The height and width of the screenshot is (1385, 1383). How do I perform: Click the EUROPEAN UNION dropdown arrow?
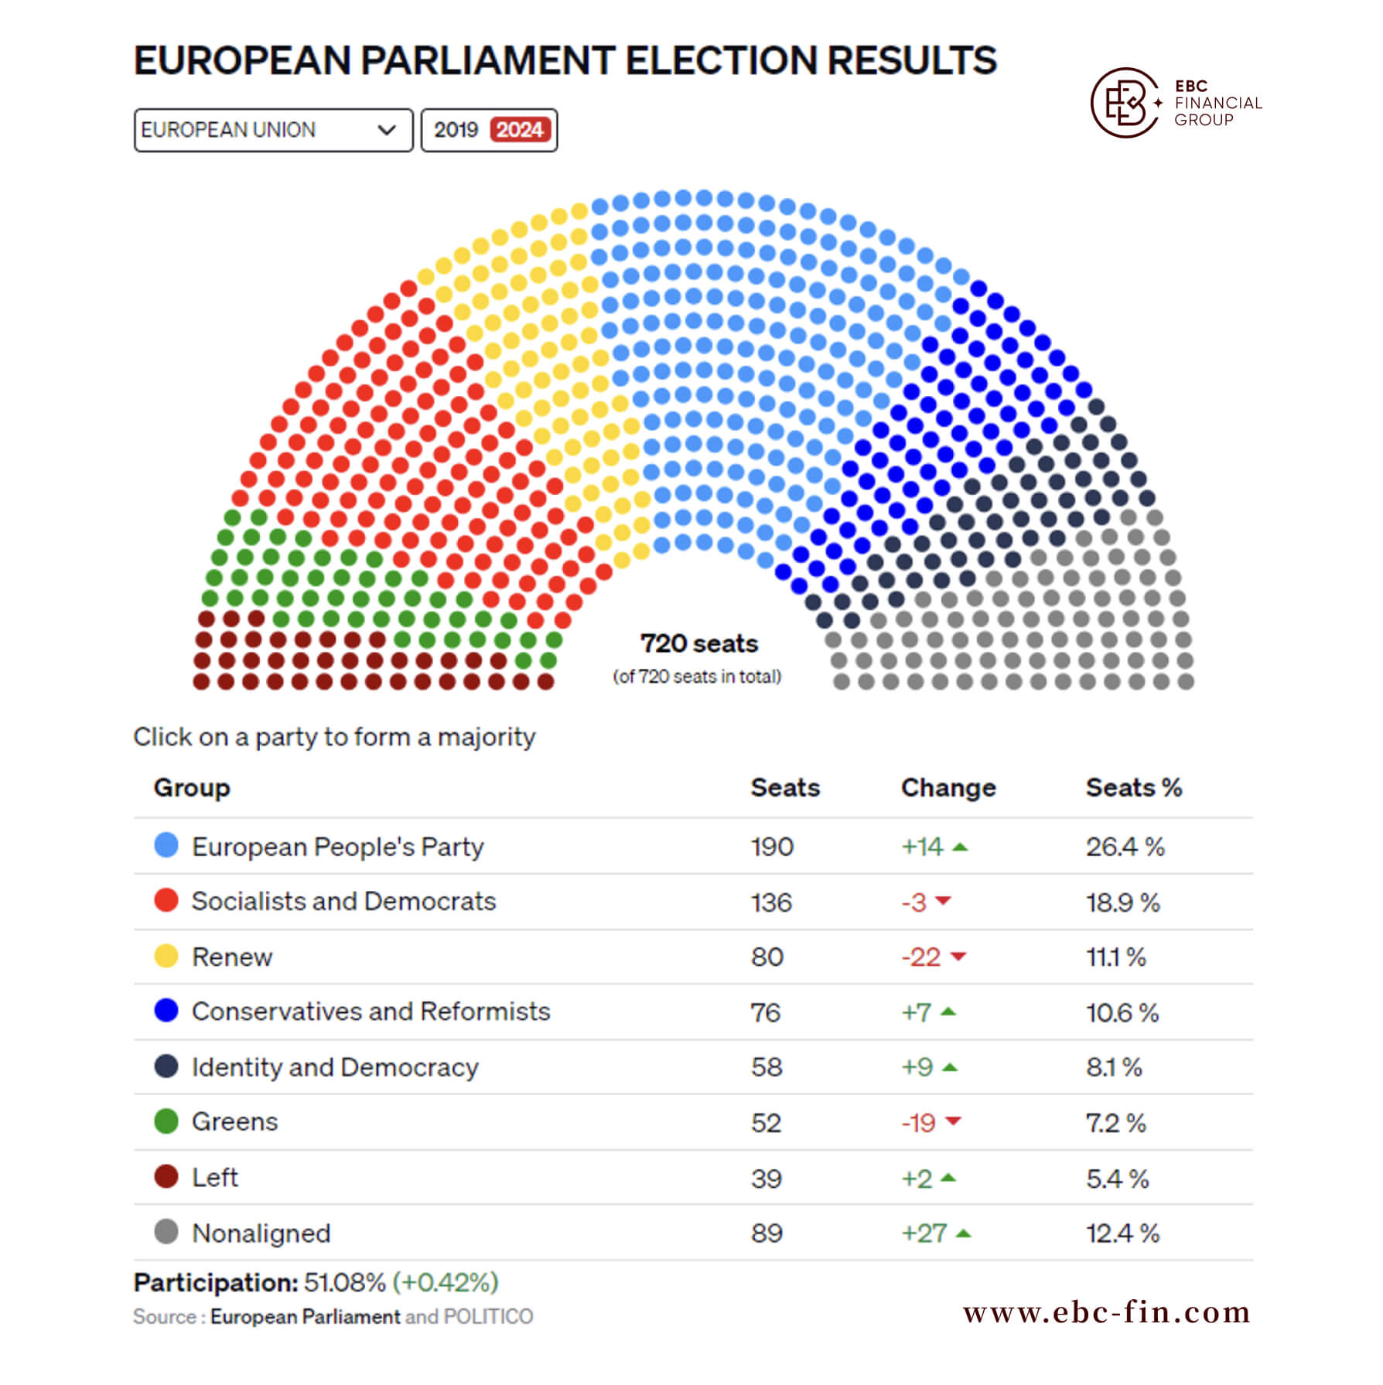coord(387,130)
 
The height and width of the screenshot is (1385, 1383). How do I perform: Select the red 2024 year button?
coord(520,130)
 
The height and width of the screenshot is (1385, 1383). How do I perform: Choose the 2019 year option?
coord(456,130)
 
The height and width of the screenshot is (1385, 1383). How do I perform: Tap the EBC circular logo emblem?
coord(1125,103)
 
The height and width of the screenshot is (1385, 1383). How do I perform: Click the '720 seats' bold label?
coord(698,643)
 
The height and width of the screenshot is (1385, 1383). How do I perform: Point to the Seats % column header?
coord(1133,787)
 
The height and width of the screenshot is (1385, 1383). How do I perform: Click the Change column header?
coord(948,787)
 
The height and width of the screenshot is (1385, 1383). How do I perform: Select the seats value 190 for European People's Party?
coord(772,847)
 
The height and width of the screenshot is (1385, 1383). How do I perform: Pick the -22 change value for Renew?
coord(920,957)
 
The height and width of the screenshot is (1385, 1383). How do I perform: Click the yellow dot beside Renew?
coord(166,956)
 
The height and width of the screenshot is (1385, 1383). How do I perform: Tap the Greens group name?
coord(234,1122)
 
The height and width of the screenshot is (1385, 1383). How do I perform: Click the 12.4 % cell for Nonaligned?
coord(1122,1233)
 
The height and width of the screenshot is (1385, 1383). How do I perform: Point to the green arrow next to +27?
coord(963,1233)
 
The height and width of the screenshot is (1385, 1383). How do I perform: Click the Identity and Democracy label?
coord(335,1067)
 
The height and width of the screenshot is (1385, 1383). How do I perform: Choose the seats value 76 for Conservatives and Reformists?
coord(766,1012)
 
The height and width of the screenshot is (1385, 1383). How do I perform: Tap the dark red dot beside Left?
coord(166,1176)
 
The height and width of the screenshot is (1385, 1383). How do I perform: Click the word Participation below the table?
coord(216,1283)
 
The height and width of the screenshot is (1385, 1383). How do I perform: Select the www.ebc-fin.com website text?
coord(1107,1312)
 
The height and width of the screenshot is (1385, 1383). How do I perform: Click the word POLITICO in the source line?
coord(488,1317)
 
